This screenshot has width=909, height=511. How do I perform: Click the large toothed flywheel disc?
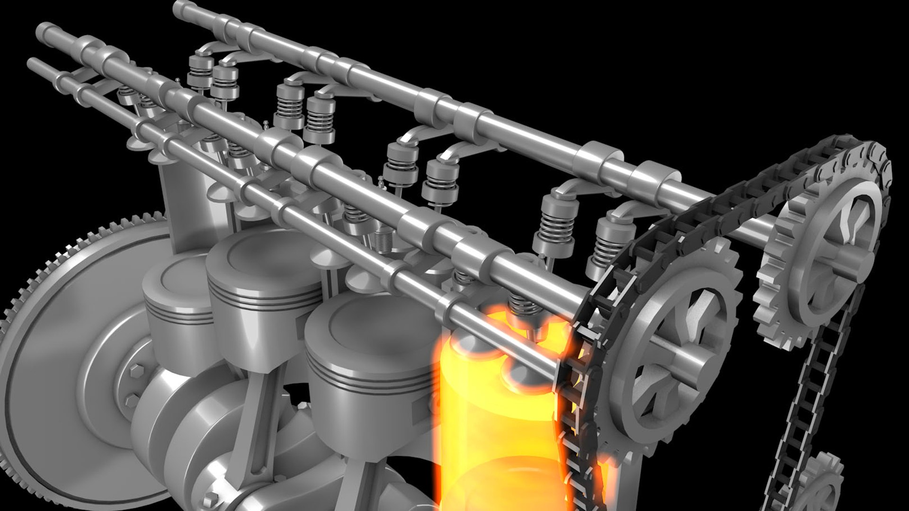pos(52,360)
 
